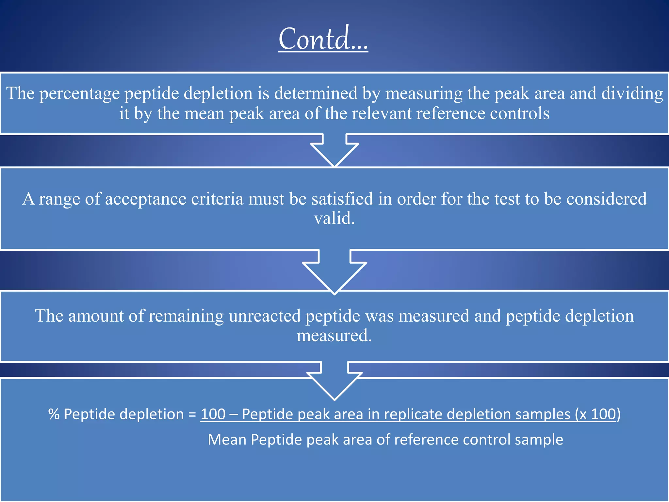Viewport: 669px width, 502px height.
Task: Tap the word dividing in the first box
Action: (632, 93)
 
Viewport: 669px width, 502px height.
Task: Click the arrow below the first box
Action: (334, 150)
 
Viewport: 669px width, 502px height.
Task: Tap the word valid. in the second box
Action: (334, 218)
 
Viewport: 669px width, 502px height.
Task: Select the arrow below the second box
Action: (334, 271)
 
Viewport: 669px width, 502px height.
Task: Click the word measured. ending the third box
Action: (334, 336)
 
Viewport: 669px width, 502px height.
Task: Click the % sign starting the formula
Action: (54, 414)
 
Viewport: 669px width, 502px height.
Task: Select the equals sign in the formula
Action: (192, 414)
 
